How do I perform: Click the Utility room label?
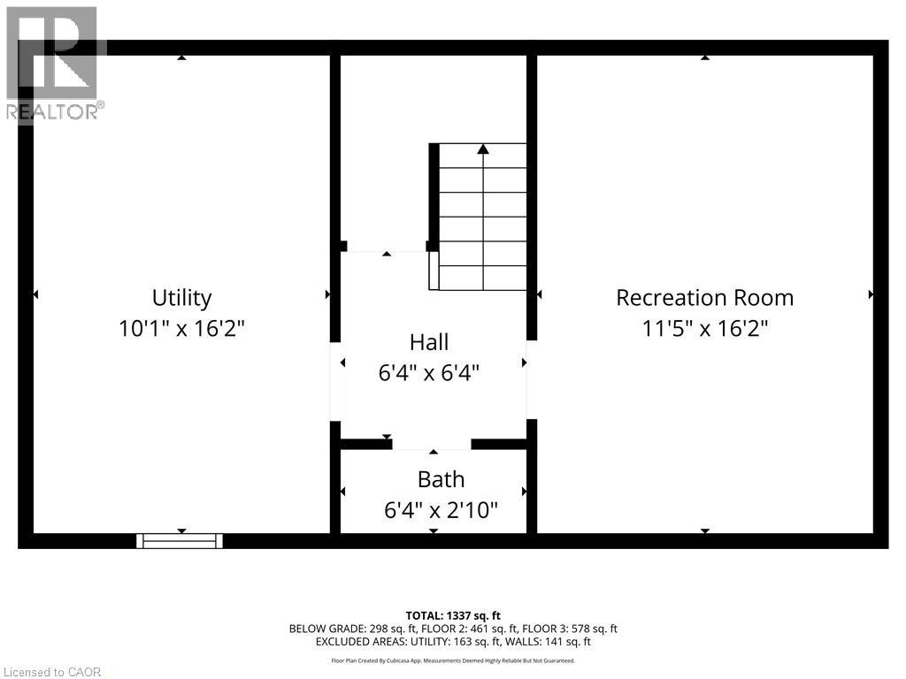click(181, 297)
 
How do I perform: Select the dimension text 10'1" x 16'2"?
click(181, 329)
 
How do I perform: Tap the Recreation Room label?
click(704, 297)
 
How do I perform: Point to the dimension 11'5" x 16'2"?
click(704, 329)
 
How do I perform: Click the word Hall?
click(429, 342)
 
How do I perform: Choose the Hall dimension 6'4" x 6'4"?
click(429, 373)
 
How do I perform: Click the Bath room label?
click(441, 479)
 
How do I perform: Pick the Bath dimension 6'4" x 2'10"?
click(441, 510)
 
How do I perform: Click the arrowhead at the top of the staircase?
click(483, 149)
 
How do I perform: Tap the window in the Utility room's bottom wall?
click(180, 540)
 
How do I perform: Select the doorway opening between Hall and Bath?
click(432, 444)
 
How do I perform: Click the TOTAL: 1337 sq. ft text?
click(453, 615)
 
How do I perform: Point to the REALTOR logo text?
click(55, 111)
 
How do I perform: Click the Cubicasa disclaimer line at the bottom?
click(453, 660)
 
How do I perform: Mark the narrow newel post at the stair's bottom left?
click(434, 271)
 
